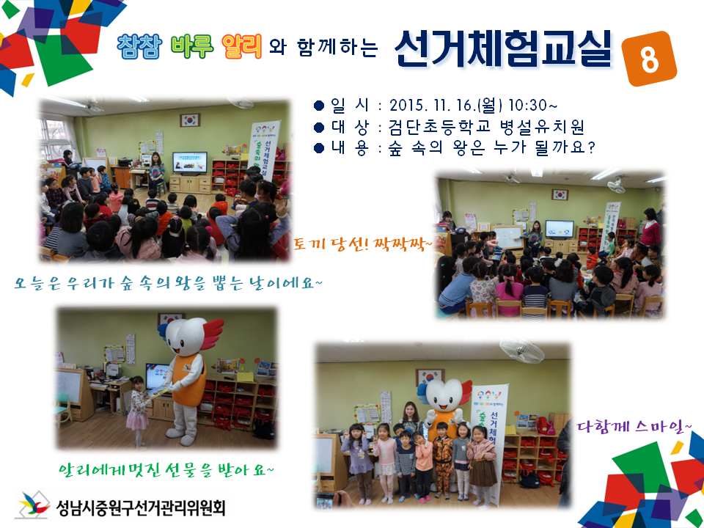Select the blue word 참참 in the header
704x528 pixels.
(140, 46)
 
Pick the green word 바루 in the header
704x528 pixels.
(191, 46)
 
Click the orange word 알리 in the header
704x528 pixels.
(241, 46)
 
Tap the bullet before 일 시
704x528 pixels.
(318, 104)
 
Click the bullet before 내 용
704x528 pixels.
(318, 148)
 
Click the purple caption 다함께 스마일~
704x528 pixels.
(631, 425)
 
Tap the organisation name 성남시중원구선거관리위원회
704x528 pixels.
(139, 506)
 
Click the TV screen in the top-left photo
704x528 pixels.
(189, 162)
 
